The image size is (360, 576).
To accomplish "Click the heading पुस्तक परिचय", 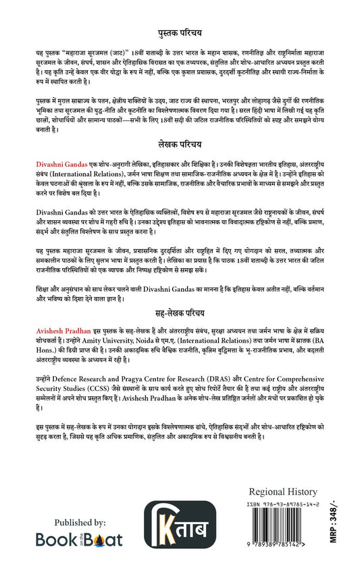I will tap(180, 32).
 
